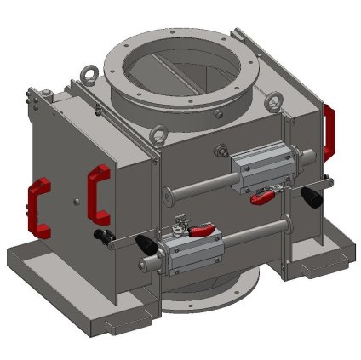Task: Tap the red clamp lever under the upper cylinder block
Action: click(261, 198)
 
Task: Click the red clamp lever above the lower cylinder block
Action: click(202, 230)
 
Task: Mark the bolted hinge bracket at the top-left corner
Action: click(34, 102)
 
